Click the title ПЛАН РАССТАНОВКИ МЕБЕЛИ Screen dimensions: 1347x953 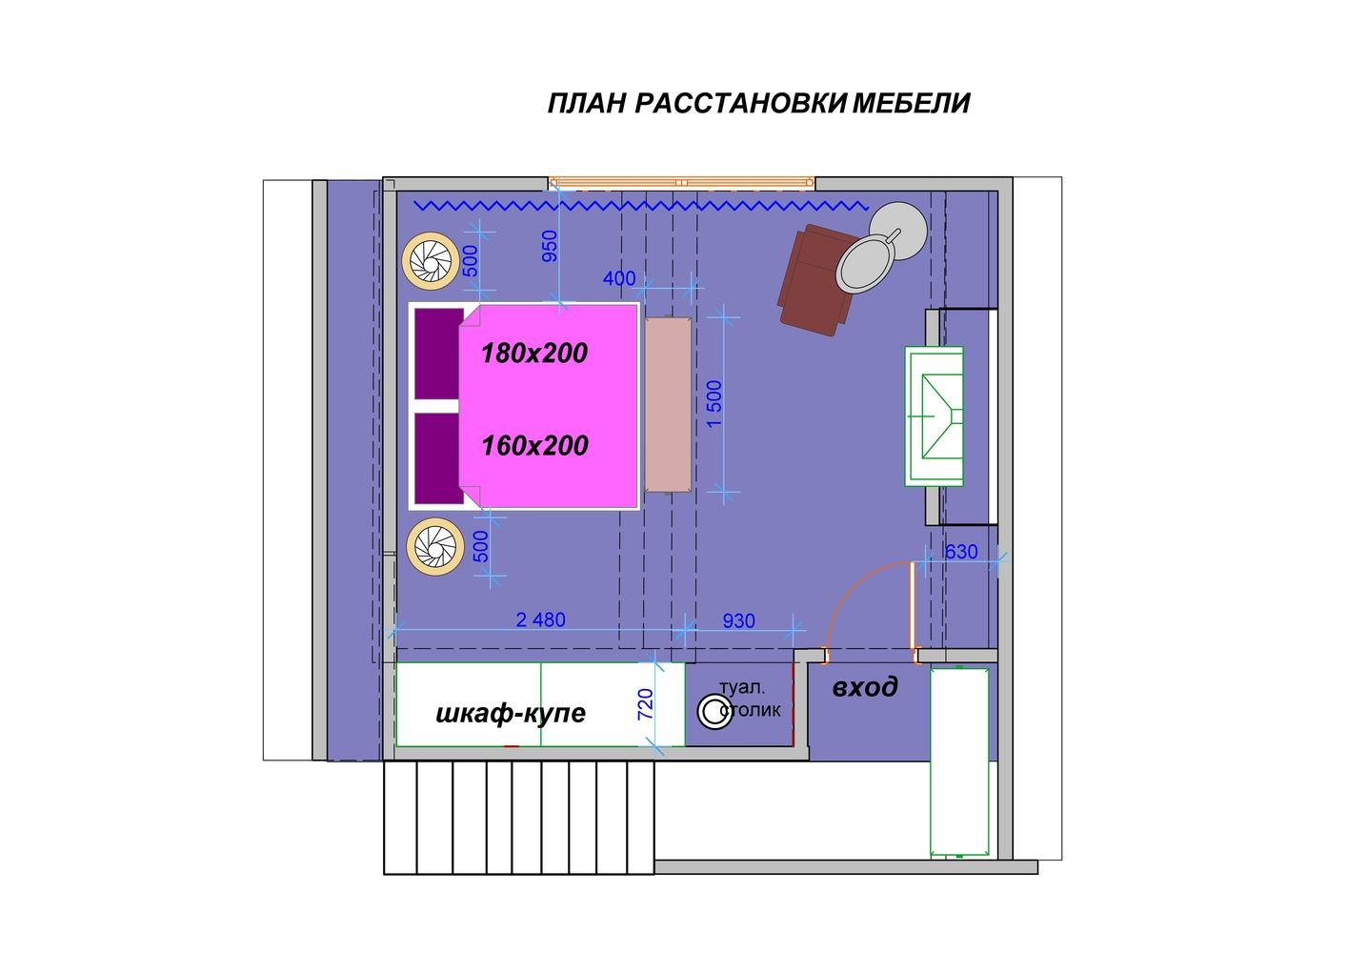[x=759, y=104]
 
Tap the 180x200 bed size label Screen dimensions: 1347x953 [x=534, y=354]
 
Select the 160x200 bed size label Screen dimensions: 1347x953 [x=534, y=446]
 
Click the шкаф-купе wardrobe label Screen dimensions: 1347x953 [x=511, y=714]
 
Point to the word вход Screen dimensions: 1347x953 [x=865, y=686]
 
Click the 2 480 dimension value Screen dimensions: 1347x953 [x=540, y=619]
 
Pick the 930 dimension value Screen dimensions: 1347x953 [x=738, y=620]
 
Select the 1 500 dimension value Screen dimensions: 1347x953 [x=714, y=404]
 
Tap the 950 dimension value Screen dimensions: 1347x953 [x=550, y=246]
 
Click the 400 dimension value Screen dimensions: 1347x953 [x=619, y=278]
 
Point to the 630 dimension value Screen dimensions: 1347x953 [x=961, y=551]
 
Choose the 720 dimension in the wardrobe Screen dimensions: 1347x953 [x=645, y=704]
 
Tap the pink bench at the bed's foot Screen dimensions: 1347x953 [x=668, y=404]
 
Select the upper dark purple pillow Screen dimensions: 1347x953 [x=439, y=354]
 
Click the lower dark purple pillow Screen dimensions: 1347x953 [x=439, y=457]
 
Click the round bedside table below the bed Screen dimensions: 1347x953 [x=435, y=547]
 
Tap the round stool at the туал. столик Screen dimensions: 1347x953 [x=714, y=711]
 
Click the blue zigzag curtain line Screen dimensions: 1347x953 [x=642, y=206]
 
